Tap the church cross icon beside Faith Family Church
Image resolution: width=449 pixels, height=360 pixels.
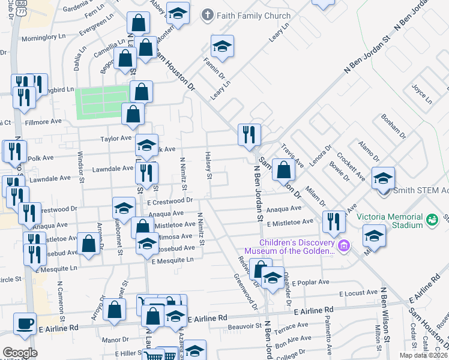208,16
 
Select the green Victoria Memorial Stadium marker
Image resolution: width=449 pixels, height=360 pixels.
432,220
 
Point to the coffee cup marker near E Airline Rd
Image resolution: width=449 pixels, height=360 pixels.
25,325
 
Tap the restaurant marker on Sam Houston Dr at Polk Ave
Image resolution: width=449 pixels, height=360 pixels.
249,135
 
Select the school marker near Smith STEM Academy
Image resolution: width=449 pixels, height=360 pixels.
383,178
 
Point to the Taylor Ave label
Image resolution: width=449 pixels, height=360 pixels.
116,138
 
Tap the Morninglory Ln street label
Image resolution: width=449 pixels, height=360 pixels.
43,37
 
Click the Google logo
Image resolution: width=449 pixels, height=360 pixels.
19,353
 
